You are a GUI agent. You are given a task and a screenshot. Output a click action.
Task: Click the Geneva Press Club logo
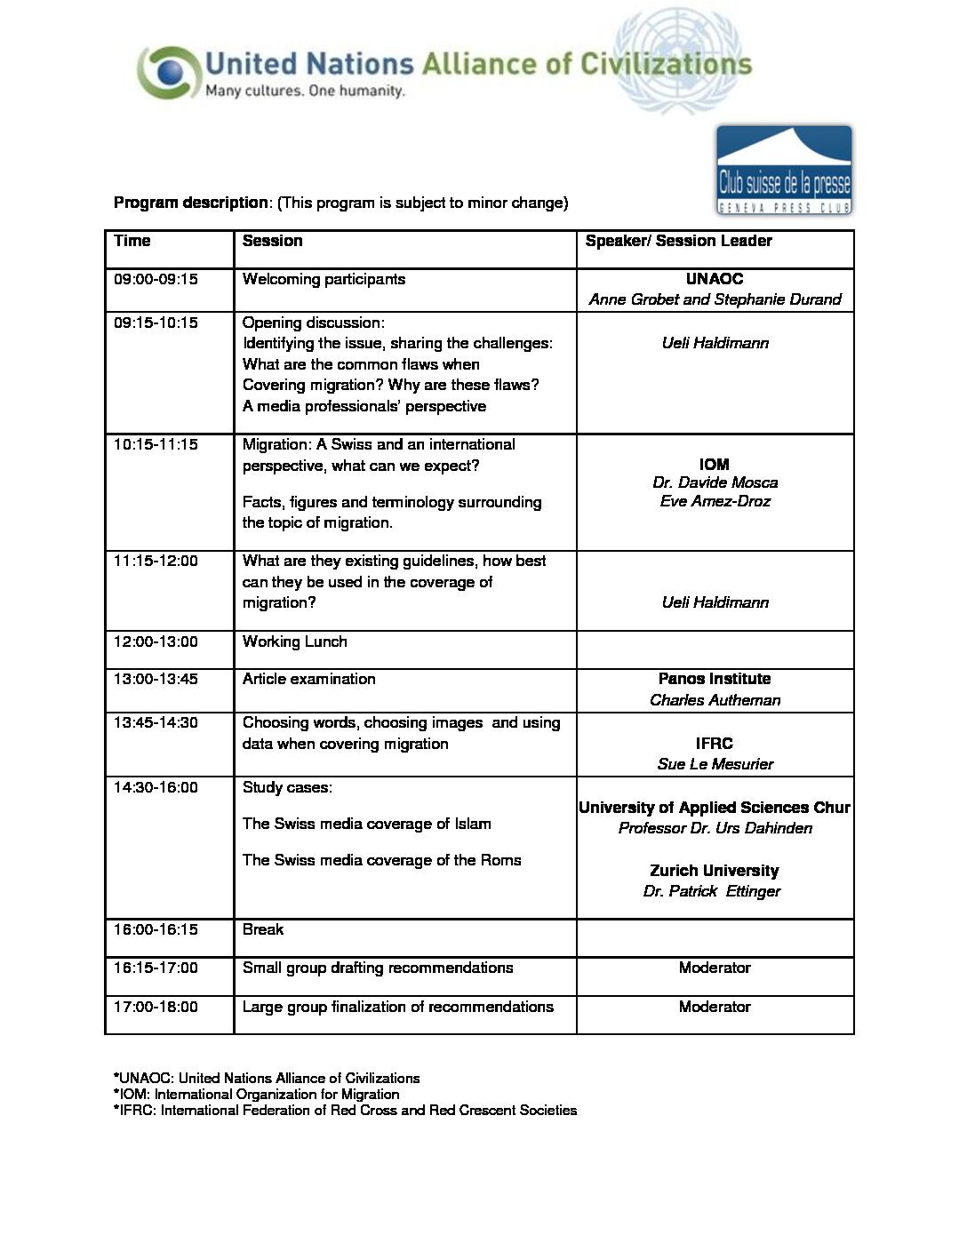[784, 171]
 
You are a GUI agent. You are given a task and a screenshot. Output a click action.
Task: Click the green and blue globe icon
[166, 71]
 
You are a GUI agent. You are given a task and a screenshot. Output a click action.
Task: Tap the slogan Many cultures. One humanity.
[305, 91]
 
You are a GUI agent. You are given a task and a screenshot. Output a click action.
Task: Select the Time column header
[132, 241]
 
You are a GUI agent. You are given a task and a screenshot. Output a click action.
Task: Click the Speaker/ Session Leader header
[678, 241]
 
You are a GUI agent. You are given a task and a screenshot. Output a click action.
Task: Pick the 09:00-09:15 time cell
[156, 279]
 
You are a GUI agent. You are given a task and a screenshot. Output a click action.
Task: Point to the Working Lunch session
[294, 641]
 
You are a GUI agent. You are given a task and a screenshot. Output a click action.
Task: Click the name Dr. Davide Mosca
[715, 482]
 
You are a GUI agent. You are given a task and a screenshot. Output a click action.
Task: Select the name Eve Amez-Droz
[715, 501]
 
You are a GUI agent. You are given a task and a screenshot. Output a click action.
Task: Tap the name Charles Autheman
[715, 700]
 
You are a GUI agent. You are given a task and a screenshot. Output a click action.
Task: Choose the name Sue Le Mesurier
[715, 764]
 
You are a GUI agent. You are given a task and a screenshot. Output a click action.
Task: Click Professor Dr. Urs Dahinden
[715, 828]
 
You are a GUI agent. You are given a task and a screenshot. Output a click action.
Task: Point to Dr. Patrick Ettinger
[712, 891]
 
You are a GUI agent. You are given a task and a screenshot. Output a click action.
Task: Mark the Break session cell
[263, 929]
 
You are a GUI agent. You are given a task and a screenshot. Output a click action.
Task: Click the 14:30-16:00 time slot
[156, 787]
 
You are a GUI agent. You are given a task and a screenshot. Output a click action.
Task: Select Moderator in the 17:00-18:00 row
[715, 1007]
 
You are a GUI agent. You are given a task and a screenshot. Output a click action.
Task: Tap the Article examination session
[308, 679]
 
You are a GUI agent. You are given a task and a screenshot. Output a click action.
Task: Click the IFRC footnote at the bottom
[345, 1110]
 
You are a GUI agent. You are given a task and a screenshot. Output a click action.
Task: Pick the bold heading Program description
[190, 203]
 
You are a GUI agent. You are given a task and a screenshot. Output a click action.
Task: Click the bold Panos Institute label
[715, 679]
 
